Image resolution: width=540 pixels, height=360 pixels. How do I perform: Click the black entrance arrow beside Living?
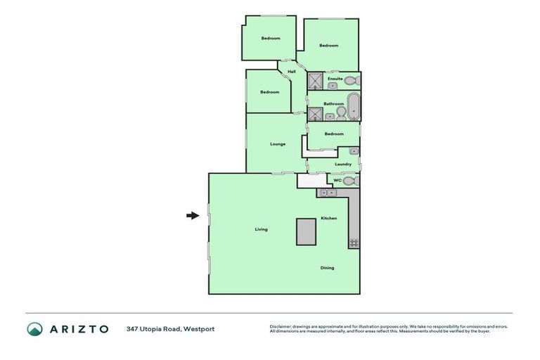coord(193,216)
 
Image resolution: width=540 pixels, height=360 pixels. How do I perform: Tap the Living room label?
coord(261,229)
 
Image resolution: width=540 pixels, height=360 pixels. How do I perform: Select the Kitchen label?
coord(329,218)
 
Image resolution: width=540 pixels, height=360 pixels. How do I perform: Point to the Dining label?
coord(327,267)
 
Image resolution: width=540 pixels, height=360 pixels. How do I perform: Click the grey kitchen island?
coord(306,231)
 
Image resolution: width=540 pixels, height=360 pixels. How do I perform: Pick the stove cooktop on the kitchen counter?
coord(354,243)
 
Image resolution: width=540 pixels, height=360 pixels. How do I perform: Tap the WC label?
coord(337,181)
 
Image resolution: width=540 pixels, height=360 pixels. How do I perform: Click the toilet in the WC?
coord(349,181)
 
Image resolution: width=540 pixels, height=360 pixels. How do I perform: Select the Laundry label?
coord(343,165)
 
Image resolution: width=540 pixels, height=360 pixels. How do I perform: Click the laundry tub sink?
coord(354,151)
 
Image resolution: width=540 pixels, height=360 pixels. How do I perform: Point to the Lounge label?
coord(278,144)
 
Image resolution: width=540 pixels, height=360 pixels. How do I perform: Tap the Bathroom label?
coord(333,104)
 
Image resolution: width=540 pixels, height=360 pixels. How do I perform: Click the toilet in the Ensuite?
coord(350,81)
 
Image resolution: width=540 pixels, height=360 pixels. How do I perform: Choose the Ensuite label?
coord(335,78)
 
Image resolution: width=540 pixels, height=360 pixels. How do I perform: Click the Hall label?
coord(291,72)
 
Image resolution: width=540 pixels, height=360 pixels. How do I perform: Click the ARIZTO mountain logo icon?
coord(35,329)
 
